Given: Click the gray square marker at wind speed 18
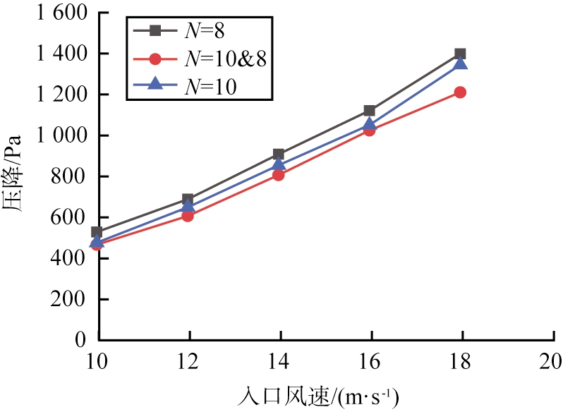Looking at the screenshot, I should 460,54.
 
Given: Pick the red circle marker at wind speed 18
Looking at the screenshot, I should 460,92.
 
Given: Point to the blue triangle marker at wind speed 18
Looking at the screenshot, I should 460,64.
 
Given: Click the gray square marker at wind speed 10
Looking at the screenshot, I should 97,232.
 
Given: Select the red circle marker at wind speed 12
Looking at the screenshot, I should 188,216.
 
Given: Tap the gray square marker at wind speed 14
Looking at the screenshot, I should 279,154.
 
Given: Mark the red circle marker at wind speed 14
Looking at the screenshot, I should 279,175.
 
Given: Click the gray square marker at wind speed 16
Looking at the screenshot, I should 369,111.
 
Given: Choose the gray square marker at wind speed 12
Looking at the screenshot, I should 188,200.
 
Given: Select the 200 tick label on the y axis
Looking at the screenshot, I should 72,299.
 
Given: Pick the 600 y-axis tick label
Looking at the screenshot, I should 72,217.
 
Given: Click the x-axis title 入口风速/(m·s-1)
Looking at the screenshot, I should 325,394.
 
